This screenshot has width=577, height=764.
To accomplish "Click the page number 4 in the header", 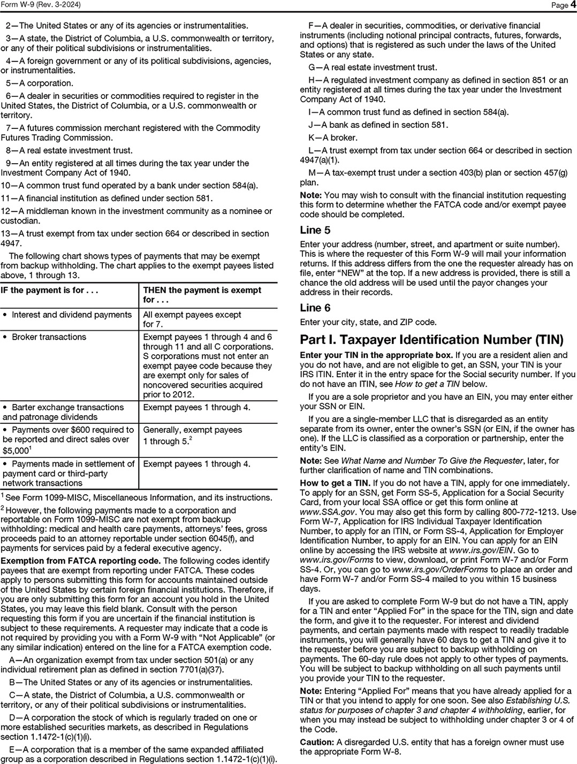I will click(x=573, y=5).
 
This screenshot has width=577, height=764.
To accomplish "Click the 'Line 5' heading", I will click(x=315, y=231).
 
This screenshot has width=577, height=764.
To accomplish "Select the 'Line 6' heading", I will click(x=315, y=308).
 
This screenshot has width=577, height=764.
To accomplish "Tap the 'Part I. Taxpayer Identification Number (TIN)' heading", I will click(x=431, y=340).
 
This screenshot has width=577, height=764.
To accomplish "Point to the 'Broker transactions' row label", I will click(x=49, y=337).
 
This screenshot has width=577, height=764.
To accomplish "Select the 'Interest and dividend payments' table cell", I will click(x=71, y=315).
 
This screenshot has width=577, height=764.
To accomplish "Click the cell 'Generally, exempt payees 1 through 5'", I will click(x=193, y=436).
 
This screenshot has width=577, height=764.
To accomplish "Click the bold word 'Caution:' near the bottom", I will click(x=316, y=742).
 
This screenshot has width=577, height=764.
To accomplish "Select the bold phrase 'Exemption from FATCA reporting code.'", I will click(x=80, y=561).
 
